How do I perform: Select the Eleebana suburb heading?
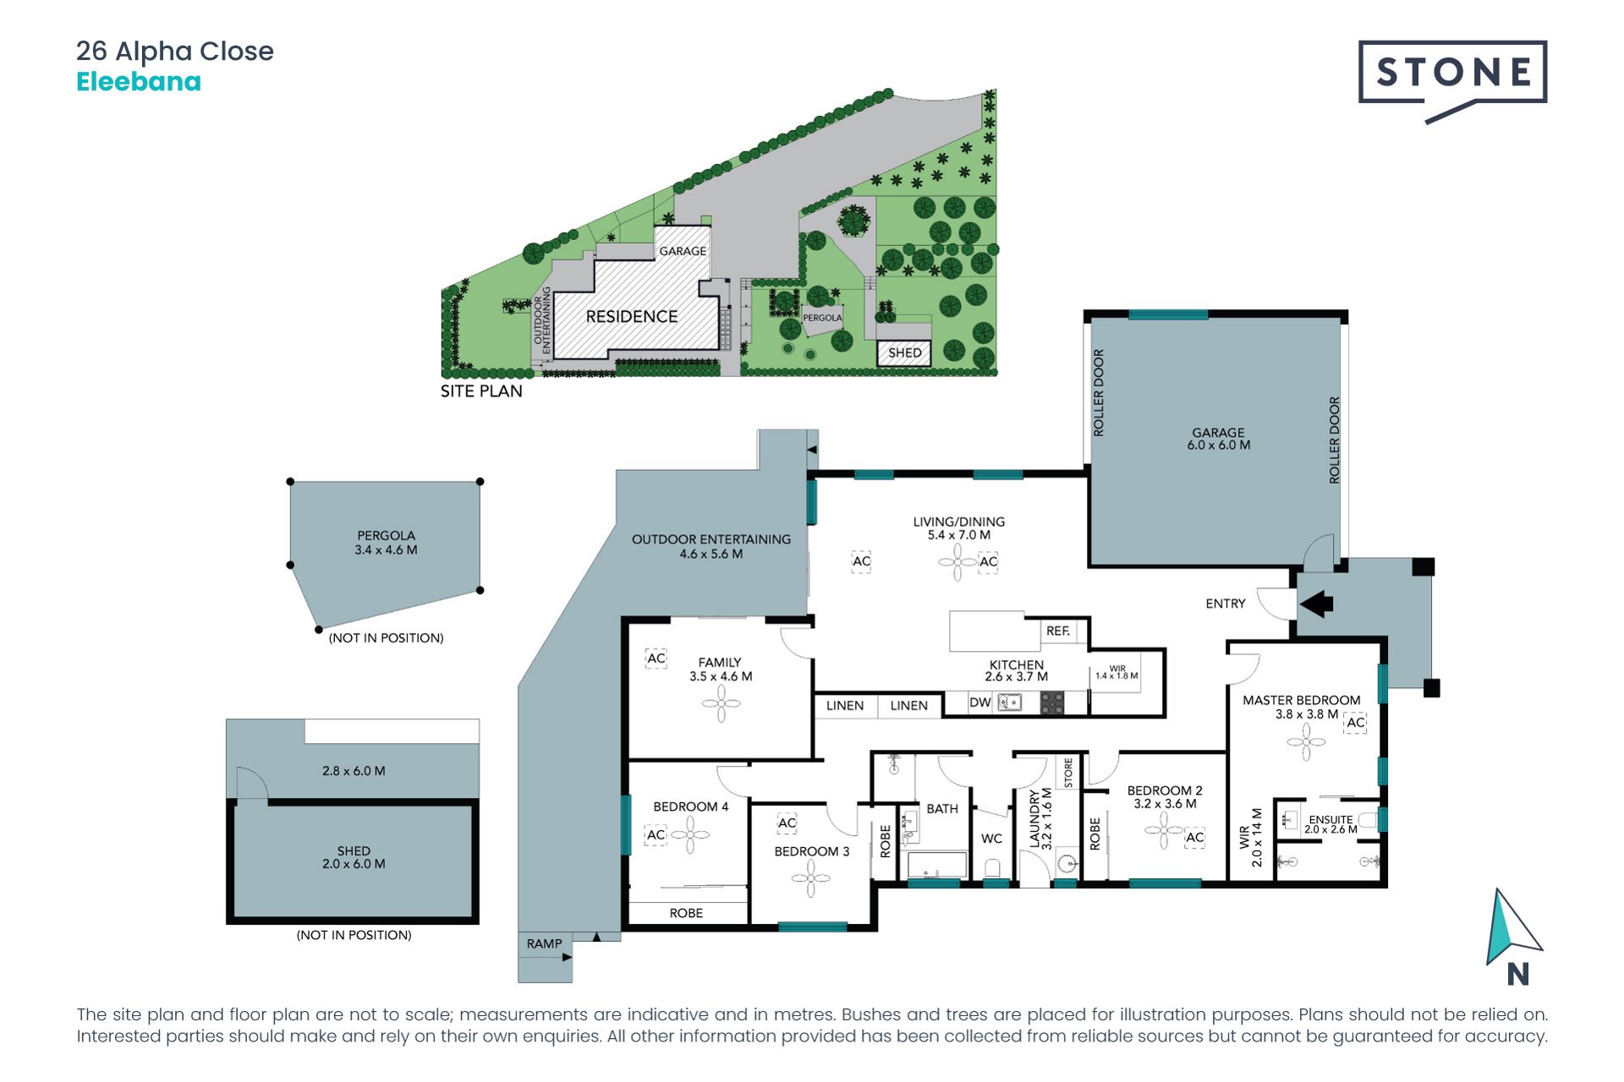139,82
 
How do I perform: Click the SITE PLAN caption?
481,391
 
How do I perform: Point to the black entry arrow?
1316,604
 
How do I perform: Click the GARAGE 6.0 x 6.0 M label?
1218,439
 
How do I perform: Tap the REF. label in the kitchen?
1057,631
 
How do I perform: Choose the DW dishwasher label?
979,702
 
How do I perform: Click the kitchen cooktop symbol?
1051,702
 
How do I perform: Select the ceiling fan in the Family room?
721,703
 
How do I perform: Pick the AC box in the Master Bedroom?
1355,723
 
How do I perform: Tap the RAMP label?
544,943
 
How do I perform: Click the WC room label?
991,839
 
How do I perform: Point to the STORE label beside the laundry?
1068,773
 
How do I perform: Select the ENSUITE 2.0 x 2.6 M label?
1330,824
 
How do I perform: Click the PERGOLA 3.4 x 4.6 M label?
386,543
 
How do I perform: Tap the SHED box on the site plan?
904,352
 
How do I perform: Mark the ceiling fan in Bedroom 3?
810,879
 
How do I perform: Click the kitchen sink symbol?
1010,702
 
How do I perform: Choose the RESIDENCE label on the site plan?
632,316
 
